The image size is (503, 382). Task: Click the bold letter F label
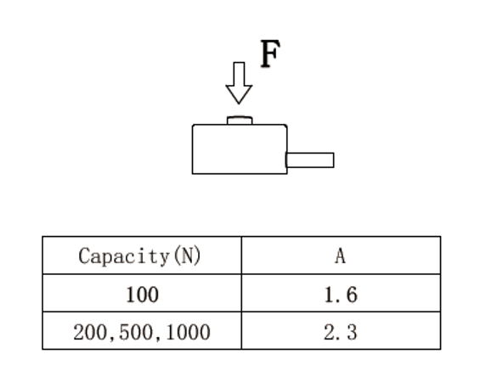click(x=270, y=53)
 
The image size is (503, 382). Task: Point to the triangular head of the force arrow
click(x=239, y=94)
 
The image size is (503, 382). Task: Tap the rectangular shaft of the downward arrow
click(x=239, y=74)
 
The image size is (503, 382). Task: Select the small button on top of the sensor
click(x=240, y=121)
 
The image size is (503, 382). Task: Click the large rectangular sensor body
click(x=240, y=149)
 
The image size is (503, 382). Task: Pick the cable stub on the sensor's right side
click(x=310, y=160)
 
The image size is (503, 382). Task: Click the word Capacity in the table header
click(x=123, y=256)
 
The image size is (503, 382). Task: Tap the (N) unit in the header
click(x=187, y=256)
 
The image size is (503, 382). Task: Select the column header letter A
click(x=341, y=256)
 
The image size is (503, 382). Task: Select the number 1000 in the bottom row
click(x=189, y=332)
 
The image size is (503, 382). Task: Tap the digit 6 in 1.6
click(x=352, y=295)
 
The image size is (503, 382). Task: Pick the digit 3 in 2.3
click(x=352, y=332)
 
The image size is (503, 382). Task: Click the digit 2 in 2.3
click(x=329, y=332)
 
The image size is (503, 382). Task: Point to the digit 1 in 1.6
click(x=329, y=295)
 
